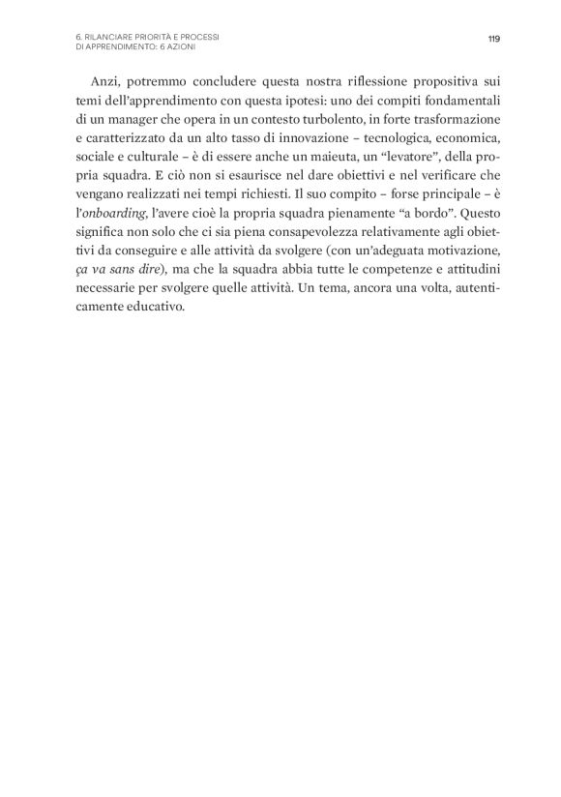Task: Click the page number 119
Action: click(493, 39)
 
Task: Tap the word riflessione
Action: click(357, 83)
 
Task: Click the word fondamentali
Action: click(455, 102)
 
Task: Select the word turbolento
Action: click(341, 120)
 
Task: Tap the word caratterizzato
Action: click(129, 138)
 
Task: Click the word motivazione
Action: click(455, 249)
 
